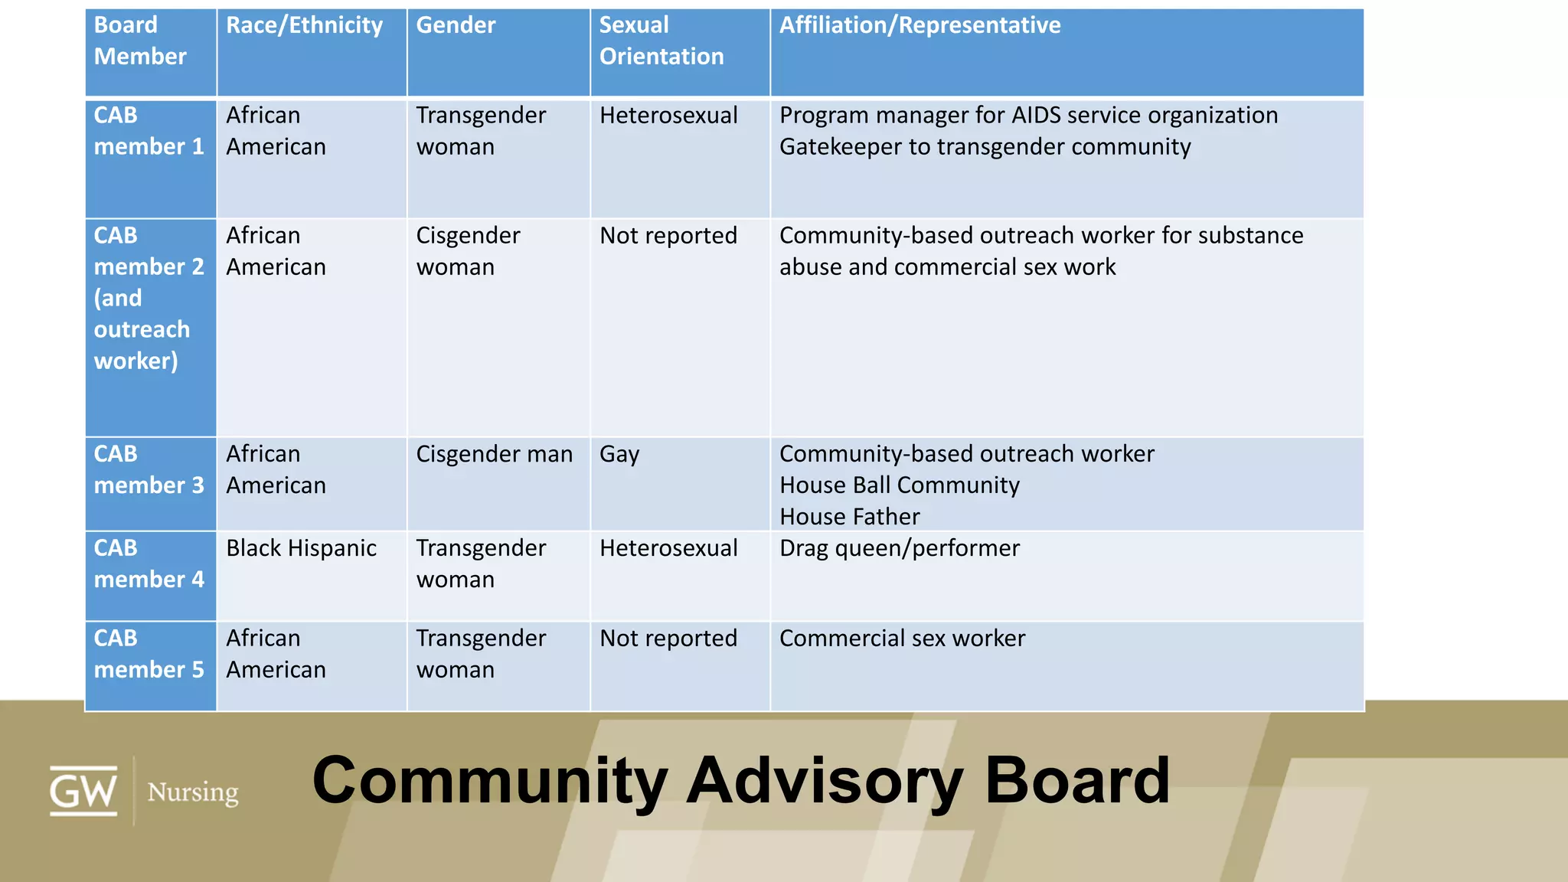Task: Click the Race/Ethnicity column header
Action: tap(304, 26)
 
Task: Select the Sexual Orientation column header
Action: tap(661, 41)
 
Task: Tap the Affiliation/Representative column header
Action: tap(920, 26)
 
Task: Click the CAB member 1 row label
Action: tap(149, 131)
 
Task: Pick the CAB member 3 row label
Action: tap(149, 469)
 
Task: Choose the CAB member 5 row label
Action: tap(149, 654)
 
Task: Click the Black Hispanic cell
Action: tap(301, 548)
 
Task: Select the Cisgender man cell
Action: tap(494, 454)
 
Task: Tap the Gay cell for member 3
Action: tap(619, 455)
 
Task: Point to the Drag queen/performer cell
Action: tap(899, 548)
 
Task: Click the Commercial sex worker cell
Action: tap(902, 639)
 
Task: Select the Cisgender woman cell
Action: tap(468, 251)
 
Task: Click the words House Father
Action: tap(849, 517)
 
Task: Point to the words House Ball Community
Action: tap(899, 485)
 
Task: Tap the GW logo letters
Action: tap(83, 791)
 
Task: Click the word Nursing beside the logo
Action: tap(193, 792)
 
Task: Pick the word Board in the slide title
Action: tap(1076, 781)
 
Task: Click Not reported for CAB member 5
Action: tap(668, 639)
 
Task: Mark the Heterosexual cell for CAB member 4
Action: tap(668, 548)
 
